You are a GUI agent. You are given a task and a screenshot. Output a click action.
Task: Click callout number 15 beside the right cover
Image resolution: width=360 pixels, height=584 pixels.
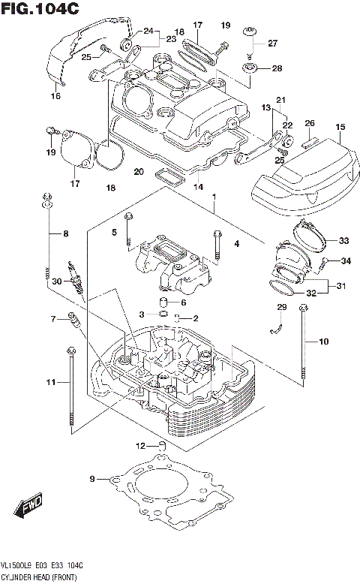click(x=340, y=128)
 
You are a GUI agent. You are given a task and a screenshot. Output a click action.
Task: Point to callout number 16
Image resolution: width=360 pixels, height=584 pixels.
click(x=55, y=96)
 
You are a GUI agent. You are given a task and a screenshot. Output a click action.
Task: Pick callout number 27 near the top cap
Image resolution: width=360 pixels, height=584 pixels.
click(x=272, y=42)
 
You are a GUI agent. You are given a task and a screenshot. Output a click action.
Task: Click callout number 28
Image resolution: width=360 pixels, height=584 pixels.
click(x=277, y=68)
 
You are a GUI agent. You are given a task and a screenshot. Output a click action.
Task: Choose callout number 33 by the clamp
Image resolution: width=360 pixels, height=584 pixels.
click(x=343, y=241)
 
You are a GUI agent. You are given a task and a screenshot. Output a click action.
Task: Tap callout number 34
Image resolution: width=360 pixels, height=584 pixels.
click(x=346, y=261)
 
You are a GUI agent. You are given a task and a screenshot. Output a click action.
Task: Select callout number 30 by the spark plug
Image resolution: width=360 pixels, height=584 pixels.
click(x=55, y=281)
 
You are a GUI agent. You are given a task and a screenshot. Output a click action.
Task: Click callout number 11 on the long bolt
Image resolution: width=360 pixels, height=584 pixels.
click(x=51, y=383)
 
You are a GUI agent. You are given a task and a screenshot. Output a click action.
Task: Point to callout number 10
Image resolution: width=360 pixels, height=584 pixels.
click(x=323, y=342)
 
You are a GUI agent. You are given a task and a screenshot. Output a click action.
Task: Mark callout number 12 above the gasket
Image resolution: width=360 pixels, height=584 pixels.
click(x=139, y=447)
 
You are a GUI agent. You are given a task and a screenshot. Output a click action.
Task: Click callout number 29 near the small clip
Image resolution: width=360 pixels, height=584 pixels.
click(x=282, y=308)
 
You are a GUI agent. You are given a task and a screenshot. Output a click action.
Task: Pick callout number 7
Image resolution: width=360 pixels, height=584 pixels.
click(x=53, y=320)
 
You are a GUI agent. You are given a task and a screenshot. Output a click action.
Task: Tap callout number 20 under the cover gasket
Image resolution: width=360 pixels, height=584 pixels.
click(x=138, y=172)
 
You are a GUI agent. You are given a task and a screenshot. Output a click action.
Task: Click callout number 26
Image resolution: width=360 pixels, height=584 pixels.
click(x=309, y=123)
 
